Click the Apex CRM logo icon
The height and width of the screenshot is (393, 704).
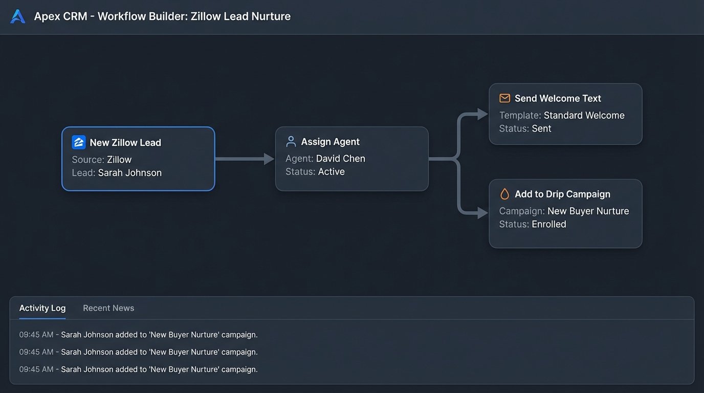pyautogui.click(x=17, y=16)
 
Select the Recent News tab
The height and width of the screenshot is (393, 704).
pyautogui.click(x=108, y=308)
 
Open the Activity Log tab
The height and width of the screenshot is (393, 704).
pyautogui.click(x=42, y=308)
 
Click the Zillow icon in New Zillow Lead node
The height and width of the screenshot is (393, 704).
pyautogui.click(x=79, y=142)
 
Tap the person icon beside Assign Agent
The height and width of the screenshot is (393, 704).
pyautogui.click(x=291, y=142)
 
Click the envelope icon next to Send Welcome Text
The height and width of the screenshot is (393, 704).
pyautogui.click(x=505, y=98)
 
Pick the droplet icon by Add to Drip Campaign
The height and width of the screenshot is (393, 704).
pyautogui.click(x=505, y=194)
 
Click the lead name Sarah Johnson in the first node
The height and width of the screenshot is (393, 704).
pyautogui.click(x=130, y=173)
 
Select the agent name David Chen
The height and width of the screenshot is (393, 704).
pyautogui.click(x=341, y=159)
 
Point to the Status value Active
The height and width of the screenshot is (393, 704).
pyautogui.click(x=332, y=172)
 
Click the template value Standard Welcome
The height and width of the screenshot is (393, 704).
pyautogui.click(x=584, y=116)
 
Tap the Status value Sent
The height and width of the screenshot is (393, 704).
pyautogui.click(x=541, y=129)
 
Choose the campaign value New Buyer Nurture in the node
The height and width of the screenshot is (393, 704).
pyautogui.click(x=588, y=211)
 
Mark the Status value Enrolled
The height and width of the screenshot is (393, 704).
pyautogui.click(x=549, y=225)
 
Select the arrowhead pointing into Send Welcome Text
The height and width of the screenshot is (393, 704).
pyautogui.click(x=482, y=114)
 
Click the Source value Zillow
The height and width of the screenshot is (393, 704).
pyautogui.click(x=119, y=160)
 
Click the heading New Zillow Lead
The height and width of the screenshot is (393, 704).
pyautogui.click(x=125, y=143)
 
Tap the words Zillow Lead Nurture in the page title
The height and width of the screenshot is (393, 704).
pyautogui.click(x=240, y=16)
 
